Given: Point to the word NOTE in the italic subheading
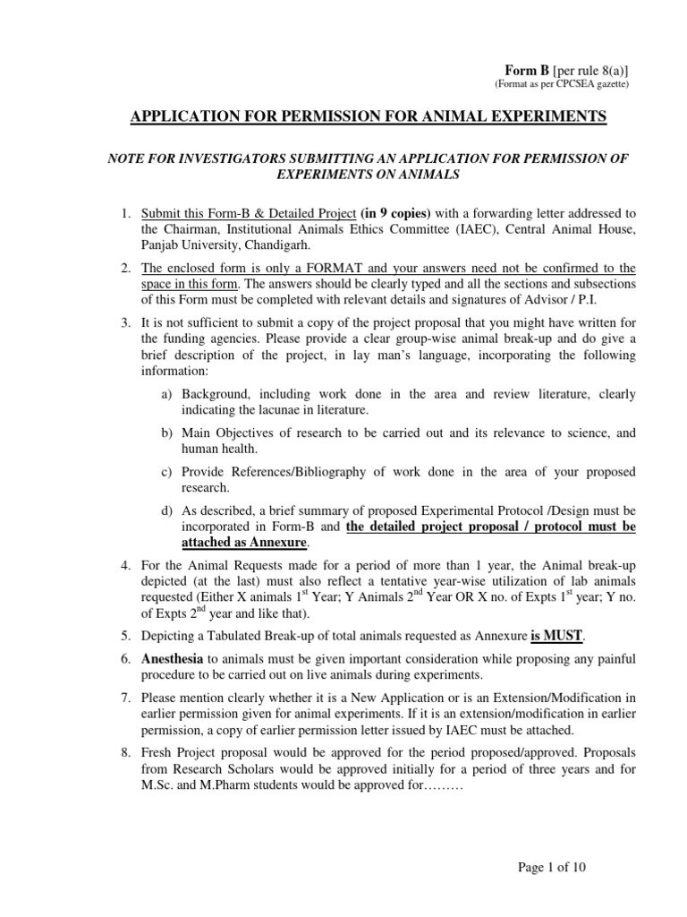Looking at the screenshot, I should click(126, 158).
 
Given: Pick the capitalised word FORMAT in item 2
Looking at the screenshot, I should click(310, 268).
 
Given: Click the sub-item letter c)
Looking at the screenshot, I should click(166, 471).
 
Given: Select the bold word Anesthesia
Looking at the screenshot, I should click(173, 658).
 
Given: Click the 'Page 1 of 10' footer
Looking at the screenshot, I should click(553, 867).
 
